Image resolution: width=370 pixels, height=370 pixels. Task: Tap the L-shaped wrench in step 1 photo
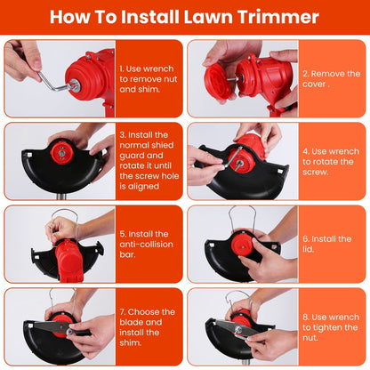point(55,81)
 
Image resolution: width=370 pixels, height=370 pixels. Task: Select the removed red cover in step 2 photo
point(218,82)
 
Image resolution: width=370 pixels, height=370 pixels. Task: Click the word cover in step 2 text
point(314,84)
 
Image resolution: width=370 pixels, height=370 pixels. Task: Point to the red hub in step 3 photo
point(61,153)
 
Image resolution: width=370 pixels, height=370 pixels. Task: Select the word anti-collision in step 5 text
point(146,245)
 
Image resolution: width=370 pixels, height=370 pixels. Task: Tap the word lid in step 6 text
point(308,249)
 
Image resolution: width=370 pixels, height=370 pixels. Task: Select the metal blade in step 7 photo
point(50,326)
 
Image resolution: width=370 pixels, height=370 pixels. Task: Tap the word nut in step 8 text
point(310,338)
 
